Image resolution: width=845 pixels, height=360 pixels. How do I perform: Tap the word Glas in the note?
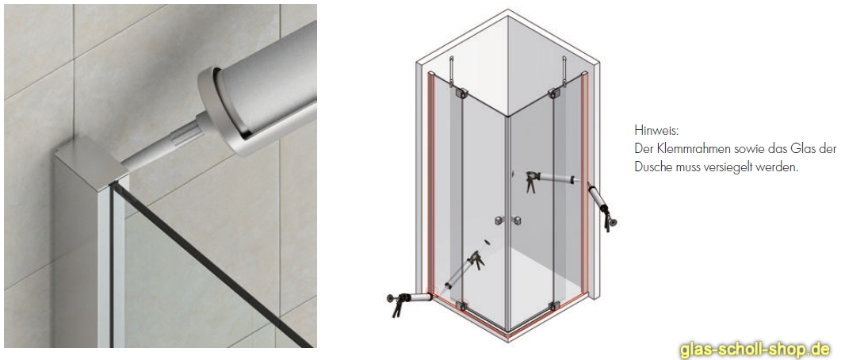point(797,148)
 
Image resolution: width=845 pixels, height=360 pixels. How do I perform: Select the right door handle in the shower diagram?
point(516,220)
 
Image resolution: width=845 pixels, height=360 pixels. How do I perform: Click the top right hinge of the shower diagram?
point(552,96)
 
